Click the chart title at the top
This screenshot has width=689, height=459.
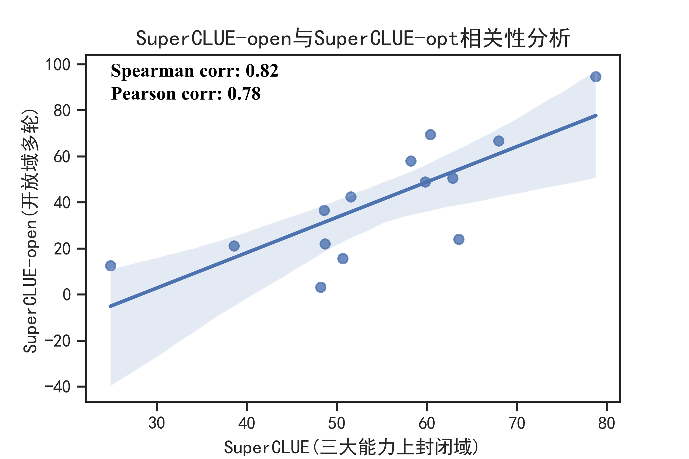click(x=353, y=38)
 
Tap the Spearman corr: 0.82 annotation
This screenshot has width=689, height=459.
click(x=195, y=71)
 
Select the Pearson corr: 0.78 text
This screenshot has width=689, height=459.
click(x=186, y=94)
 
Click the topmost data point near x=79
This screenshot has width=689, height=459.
click(x=595, y=77)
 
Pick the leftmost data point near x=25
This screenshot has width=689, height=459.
click(x=111, y=266)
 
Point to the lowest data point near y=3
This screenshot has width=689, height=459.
click(x=321, y=287)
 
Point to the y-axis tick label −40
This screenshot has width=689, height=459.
click(x=57, y=387)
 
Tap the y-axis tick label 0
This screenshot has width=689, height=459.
click(x=67, y=295)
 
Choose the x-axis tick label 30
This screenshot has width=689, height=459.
click(x=157, y=423)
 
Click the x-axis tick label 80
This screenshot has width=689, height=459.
click(x=606, y=423)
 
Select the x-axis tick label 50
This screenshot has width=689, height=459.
click(x=336, y=423)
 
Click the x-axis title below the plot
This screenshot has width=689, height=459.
click(x=351, y=447)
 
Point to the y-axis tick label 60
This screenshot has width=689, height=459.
click(x=62, y=157)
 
